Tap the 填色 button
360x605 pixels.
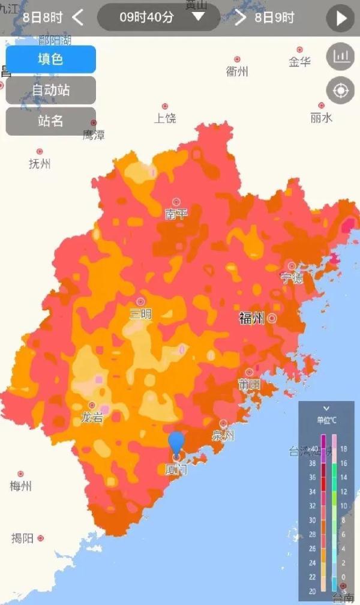[50, 59]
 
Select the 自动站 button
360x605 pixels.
[50, 90]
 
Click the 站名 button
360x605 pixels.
[50, 121]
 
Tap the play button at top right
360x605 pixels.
[340, 18]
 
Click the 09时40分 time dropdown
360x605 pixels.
[158, 17]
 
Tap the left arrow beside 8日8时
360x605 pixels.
[77, 17]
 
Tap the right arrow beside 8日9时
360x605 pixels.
[241, 17]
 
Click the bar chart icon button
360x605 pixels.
[340, 56]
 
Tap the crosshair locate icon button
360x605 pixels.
[340, 91]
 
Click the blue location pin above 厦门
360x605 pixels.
[176, 442]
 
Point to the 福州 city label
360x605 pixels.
[251, 319]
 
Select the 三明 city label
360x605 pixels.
[141, 314]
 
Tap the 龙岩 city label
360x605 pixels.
[92, 418]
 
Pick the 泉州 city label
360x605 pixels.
[223, 436]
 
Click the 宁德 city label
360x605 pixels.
[292, 278]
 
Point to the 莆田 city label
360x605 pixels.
[249, 385]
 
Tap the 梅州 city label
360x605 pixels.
[20, 486]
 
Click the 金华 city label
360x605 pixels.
[299, 61]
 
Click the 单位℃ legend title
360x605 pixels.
[326, 420]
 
